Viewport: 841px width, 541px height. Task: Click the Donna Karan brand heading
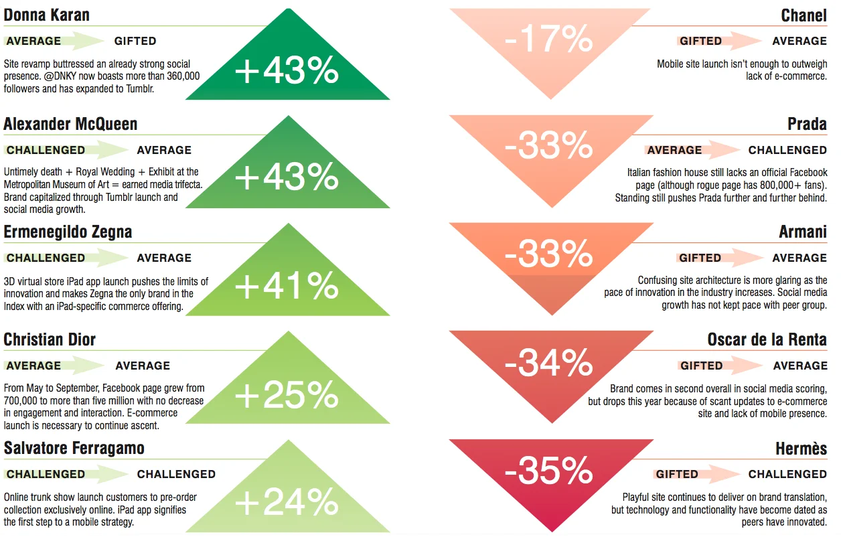(47, 15)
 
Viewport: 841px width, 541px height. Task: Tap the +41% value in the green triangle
(287, 286)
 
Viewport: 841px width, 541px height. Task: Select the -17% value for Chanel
(548, 39)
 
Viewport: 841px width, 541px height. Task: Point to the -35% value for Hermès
(548, 470)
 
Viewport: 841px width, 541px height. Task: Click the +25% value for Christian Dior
(287, 394)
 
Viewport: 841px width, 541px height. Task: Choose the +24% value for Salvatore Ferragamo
(287, 502)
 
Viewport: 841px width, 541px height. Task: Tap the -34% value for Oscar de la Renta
(548, 362)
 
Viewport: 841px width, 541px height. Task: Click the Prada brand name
(807, 124)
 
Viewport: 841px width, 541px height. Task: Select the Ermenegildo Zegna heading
(68, 232)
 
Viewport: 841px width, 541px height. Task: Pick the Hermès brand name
(801, 449)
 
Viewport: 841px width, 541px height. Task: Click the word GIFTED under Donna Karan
(135, 41)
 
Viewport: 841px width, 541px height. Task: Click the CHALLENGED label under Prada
(787, 150)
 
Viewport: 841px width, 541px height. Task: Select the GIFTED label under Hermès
(676, 474)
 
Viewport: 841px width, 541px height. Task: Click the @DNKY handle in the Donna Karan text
(60, 76)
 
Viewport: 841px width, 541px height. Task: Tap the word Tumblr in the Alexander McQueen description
(120, 197)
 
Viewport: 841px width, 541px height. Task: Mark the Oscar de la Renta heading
(767, 339)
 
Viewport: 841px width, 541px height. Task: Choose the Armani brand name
(803, 232)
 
